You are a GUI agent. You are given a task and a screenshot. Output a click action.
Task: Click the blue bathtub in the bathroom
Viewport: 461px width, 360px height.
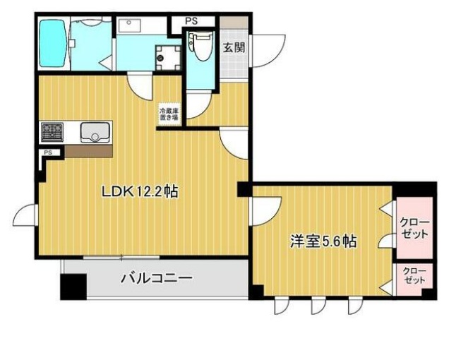point(52,44)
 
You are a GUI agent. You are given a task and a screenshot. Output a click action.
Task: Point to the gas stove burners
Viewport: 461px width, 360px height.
point(52,131)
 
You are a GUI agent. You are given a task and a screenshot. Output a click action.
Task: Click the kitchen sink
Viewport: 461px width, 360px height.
point(93,131)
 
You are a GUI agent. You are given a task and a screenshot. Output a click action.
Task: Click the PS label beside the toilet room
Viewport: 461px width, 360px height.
point(191,21)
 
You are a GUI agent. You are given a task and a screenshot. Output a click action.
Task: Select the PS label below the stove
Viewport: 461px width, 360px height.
point(48,152)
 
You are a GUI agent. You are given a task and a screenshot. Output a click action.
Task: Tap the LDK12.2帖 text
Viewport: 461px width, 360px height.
point(139,191)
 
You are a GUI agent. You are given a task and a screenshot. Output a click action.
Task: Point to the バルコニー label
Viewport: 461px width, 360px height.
point(156,278)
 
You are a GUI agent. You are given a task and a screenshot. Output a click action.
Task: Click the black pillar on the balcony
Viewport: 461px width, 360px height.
point(72,287)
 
